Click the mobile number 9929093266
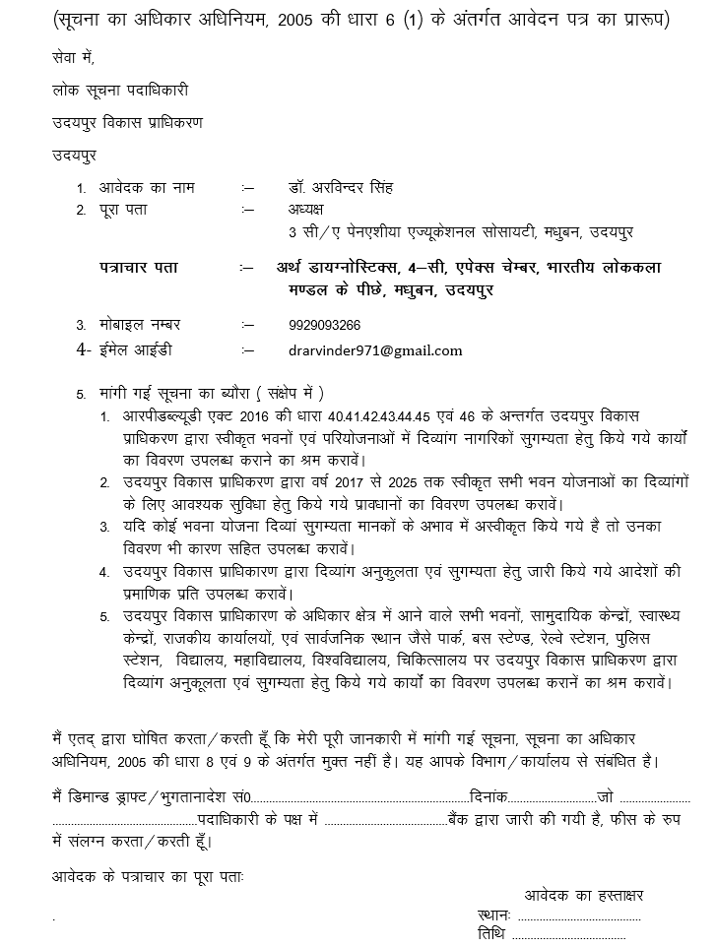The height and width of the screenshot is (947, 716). [324, 324]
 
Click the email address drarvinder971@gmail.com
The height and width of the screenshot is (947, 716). [375, 349]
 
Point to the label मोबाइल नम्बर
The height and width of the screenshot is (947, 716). [140, 324]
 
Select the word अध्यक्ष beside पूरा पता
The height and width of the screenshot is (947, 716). [305, 210]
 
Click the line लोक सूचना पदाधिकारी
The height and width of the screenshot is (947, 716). [120, 90]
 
